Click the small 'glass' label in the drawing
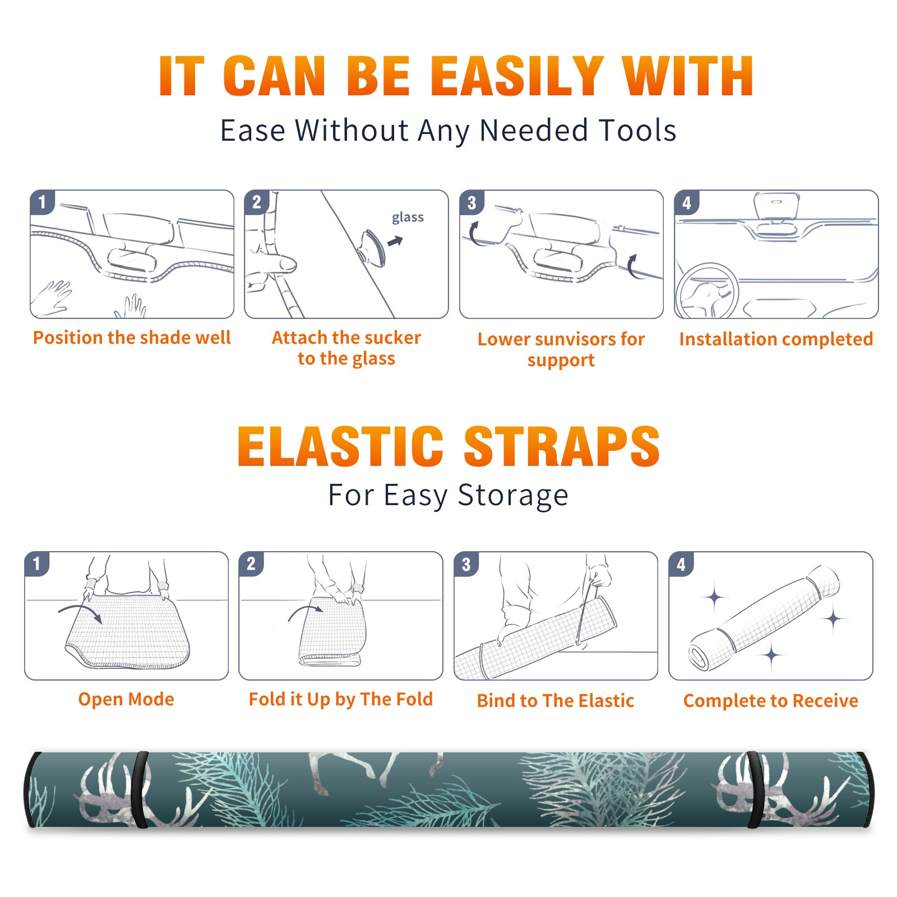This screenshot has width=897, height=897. coord(408,218)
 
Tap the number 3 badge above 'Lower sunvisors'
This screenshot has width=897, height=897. coord(471,202)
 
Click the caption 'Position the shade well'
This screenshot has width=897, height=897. coord(132,337)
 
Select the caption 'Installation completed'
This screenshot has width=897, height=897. coord(776,339)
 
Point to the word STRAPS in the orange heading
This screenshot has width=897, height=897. coord(562,446)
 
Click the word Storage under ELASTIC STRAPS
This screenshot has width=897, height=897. coord(513,496)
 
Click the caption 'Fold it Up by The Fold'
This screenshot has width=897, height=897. coord(341,699)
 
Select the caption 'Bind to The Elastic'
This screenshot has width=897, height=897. coord(556,701)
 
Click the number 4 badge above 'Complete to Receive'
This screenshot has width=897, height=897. coord(681,564)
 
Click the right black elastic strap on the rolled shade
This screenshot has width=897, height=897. coord(756,790)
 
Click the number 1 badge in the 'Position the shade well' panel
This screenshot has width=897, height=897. coord(42,202)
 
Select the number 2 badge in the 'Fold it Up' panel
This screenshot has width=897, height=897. coord(251,564)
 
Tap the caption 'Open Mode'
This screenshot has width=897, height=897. coord(126,699)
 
